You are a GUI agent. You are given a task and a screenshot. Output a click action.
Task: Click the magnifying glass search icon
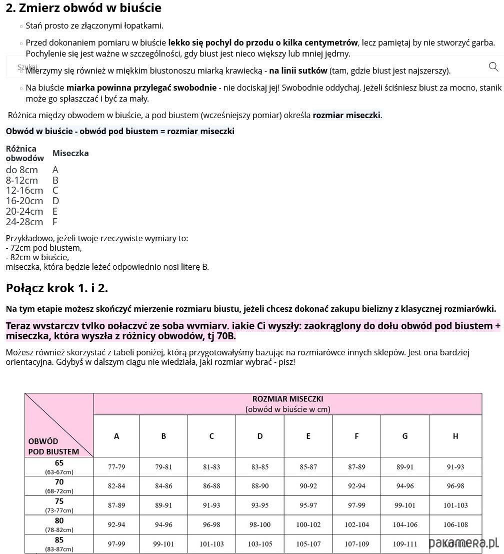tap(493, 67)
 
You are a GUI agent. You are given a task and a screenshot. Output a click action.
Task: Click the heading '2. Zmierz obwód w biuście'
tap(83, 8)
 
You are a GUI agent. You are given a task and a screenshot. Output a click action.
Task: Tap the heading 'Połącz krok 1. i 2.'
tap(56, 288)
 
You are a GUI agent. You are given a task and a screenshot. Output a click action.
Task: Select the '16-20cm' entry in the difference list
tap(24, 201)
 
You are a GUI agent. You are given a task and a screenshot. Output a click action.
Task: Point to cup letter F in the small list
tap(55, 222)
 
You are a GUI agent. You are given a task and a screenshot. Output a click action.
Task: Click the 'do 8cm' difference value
tap(21, 170)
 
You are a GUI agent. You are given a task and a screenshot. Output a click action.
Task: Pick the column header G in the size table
tap(404, 436)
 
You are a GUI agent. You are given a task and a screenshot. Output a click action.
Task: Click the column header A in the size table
tap(116, 436)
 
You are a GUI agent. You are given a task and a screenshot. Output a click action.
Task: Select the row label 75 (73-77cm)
tap(59, 505)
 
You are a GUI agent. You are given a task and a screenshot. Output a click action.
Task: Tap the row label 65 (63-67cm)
tap(59, 466)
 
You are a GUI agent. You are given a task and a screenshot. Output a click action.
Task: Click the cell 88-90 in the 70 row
tap(260, 486)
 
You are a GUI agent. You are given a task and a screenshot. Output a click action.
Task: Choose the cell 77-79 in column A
tap(116, 467)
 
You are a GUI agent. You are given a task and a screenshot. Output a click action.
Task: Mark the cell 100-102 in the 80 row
tap(308, 524)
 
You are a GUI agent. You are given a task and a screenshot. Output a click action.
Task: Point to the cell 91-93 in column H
tap(455, 467)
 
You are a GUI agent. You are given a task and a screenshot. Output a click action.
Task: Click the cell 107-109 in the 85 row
tap(356, 544)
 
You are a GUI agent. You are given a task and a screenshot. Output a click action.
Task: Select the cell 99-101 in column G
tap(404, 505)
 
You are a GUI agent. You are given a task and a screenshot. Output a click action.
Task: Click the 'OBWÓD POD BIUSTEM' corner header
tap(54, 446)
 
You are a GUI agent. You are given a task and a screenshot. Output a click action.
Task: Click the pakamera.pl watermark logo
tap(464, 542)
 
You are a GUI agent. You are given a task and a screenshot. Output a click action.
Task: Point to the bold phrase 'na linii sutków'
tap(298, 71)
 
